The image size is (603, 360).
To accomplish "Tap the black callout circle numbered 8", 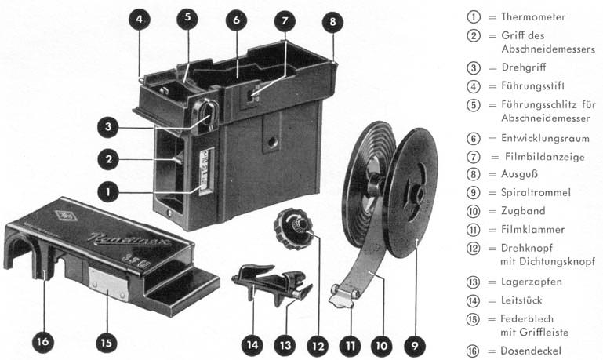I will pos(332,21).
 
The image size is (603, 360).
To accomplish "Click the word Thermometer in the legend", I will pos(533,16).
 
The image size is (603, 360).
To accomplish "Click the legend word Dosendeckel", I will pos(532,350).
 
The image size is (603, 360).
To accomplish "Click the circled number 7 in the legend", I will pos(473,157).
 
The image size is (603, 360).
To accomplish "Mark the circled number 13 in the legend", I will pos(473,282).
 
